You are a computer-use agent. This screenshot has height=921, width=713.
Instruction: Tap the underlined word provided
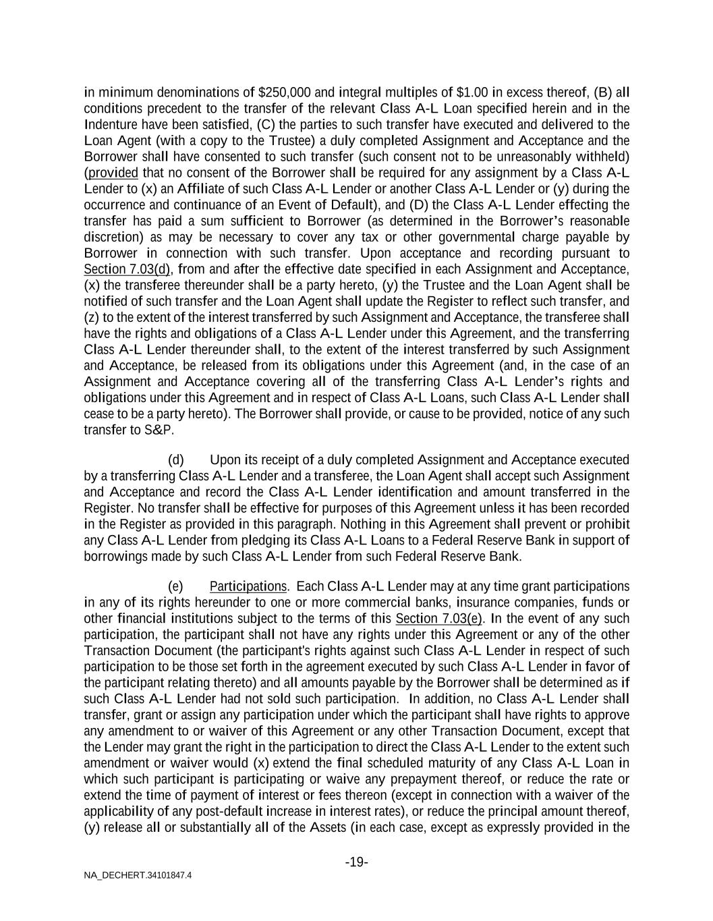(113, 173)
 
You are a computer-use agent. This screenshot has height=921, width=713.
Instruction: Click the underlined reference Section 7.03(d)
(127, 269)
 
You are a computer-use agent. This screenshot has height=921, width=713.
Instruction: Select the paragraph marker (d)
(175, 460)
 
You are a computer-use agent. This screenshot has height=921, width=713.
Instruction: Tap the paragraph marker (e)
(175, 586)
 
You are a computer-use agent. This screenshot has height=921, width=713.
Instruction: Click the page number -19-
(356, 862)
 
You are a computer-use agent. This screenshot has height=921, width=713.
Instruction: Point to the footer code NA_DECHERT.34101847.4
(138, 876)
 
